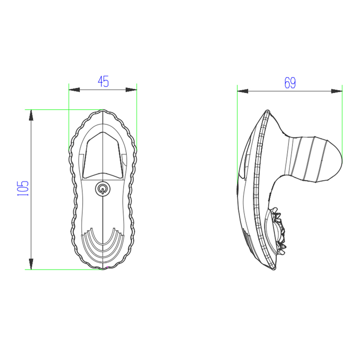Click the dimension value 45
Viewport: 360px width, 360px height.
tap(103, 82)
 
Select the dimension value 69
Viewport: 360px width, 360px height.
tap(290, 83)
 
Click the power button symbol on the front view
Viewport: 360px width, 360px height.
tap(103, 188)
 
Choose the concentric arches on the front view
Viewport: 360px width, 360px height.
tap(103, 241)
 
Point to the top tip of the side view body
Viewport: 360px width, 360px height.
tap(267, 111)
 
